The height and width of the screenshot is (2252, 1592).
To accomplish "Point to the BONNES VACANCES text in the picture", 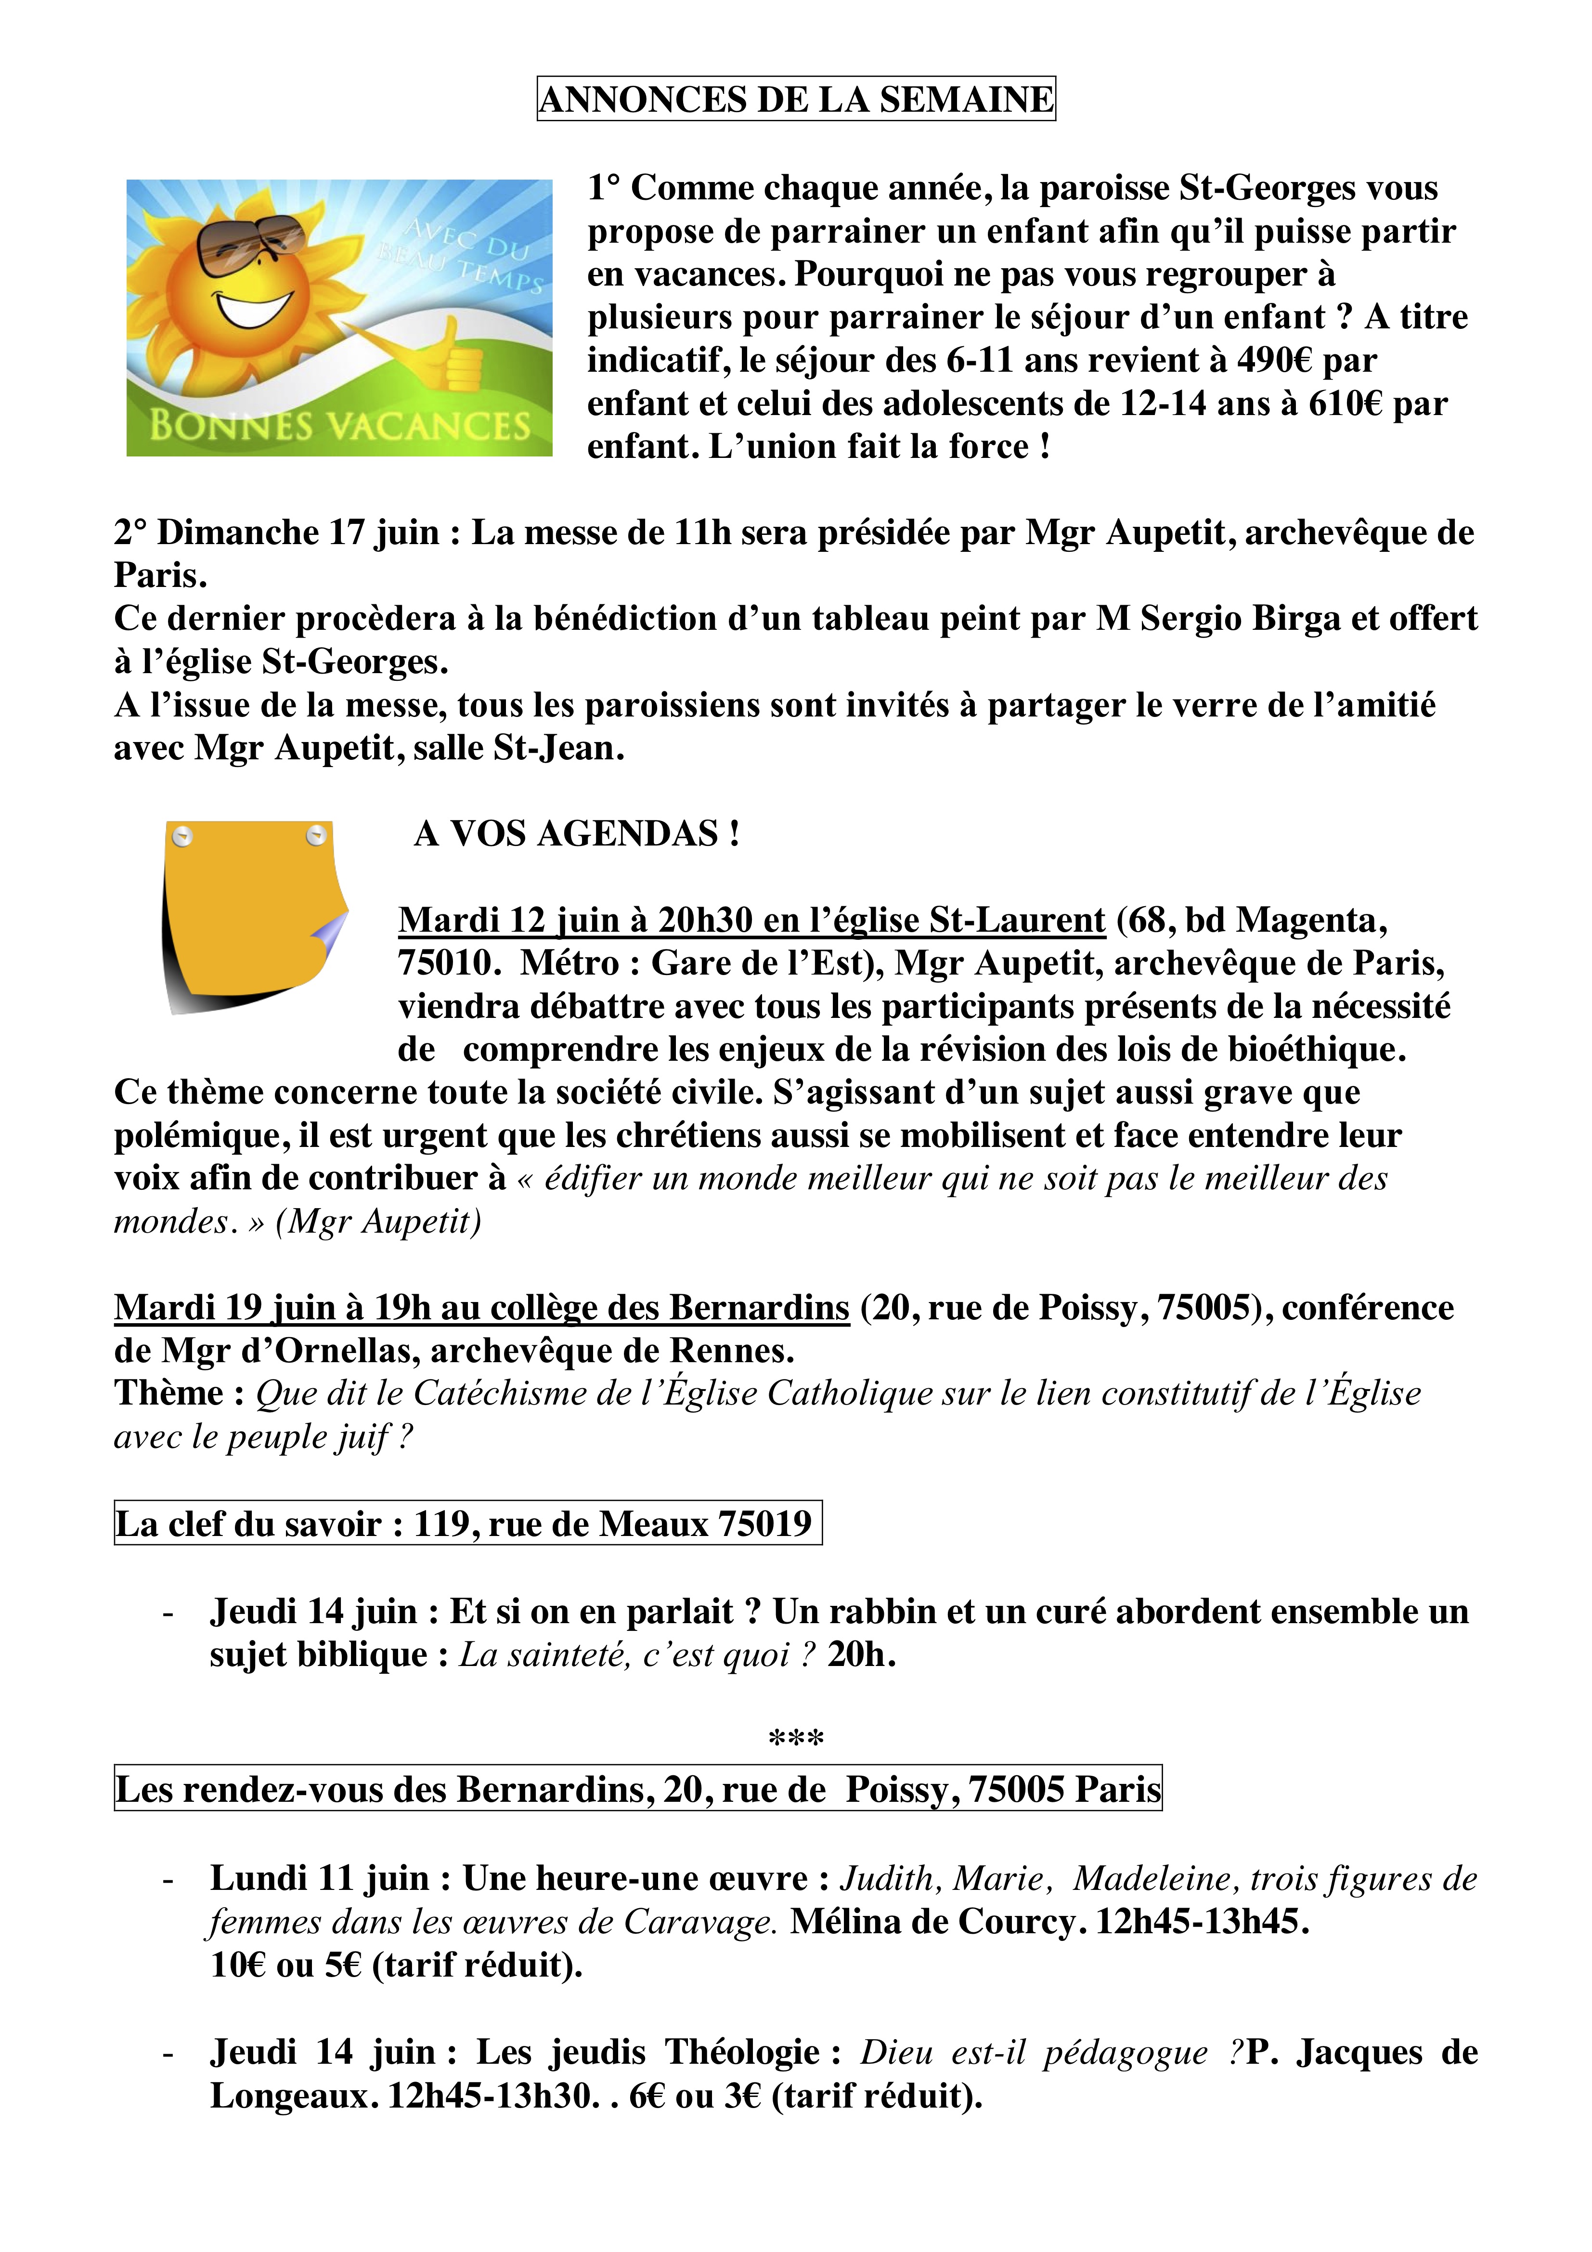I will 339,426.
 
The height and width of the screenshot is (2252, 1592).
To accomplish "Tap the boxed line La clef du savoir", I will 467,1523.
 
